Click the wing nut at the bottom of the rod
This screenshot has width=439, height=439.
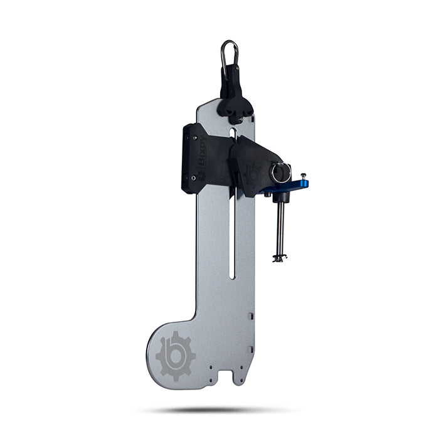tap(279, 257)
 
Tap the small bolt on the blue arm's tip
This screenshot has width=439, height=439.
tap(303, 176)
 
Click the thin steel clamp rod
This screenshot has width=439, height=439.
tap(279, 229)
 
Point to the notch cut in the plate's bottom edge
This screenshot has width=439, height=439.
tap(238, 378)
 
